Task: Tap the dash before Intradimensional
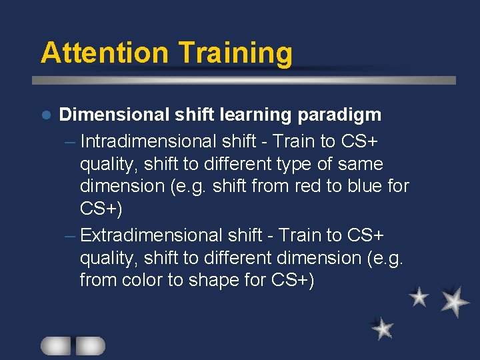click(x=71, y=142)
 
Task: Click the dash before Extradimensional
click(x=71, y=236)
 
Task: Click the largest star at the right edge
click(x=455, y=301)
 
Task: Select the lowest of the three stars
click(x=383, y=329)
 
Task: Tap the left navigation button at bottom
click(x=55, y=345)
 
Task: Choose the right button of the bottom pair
click(x=90, y=345)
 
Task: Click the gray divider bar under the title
click(x=244, y=80)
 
